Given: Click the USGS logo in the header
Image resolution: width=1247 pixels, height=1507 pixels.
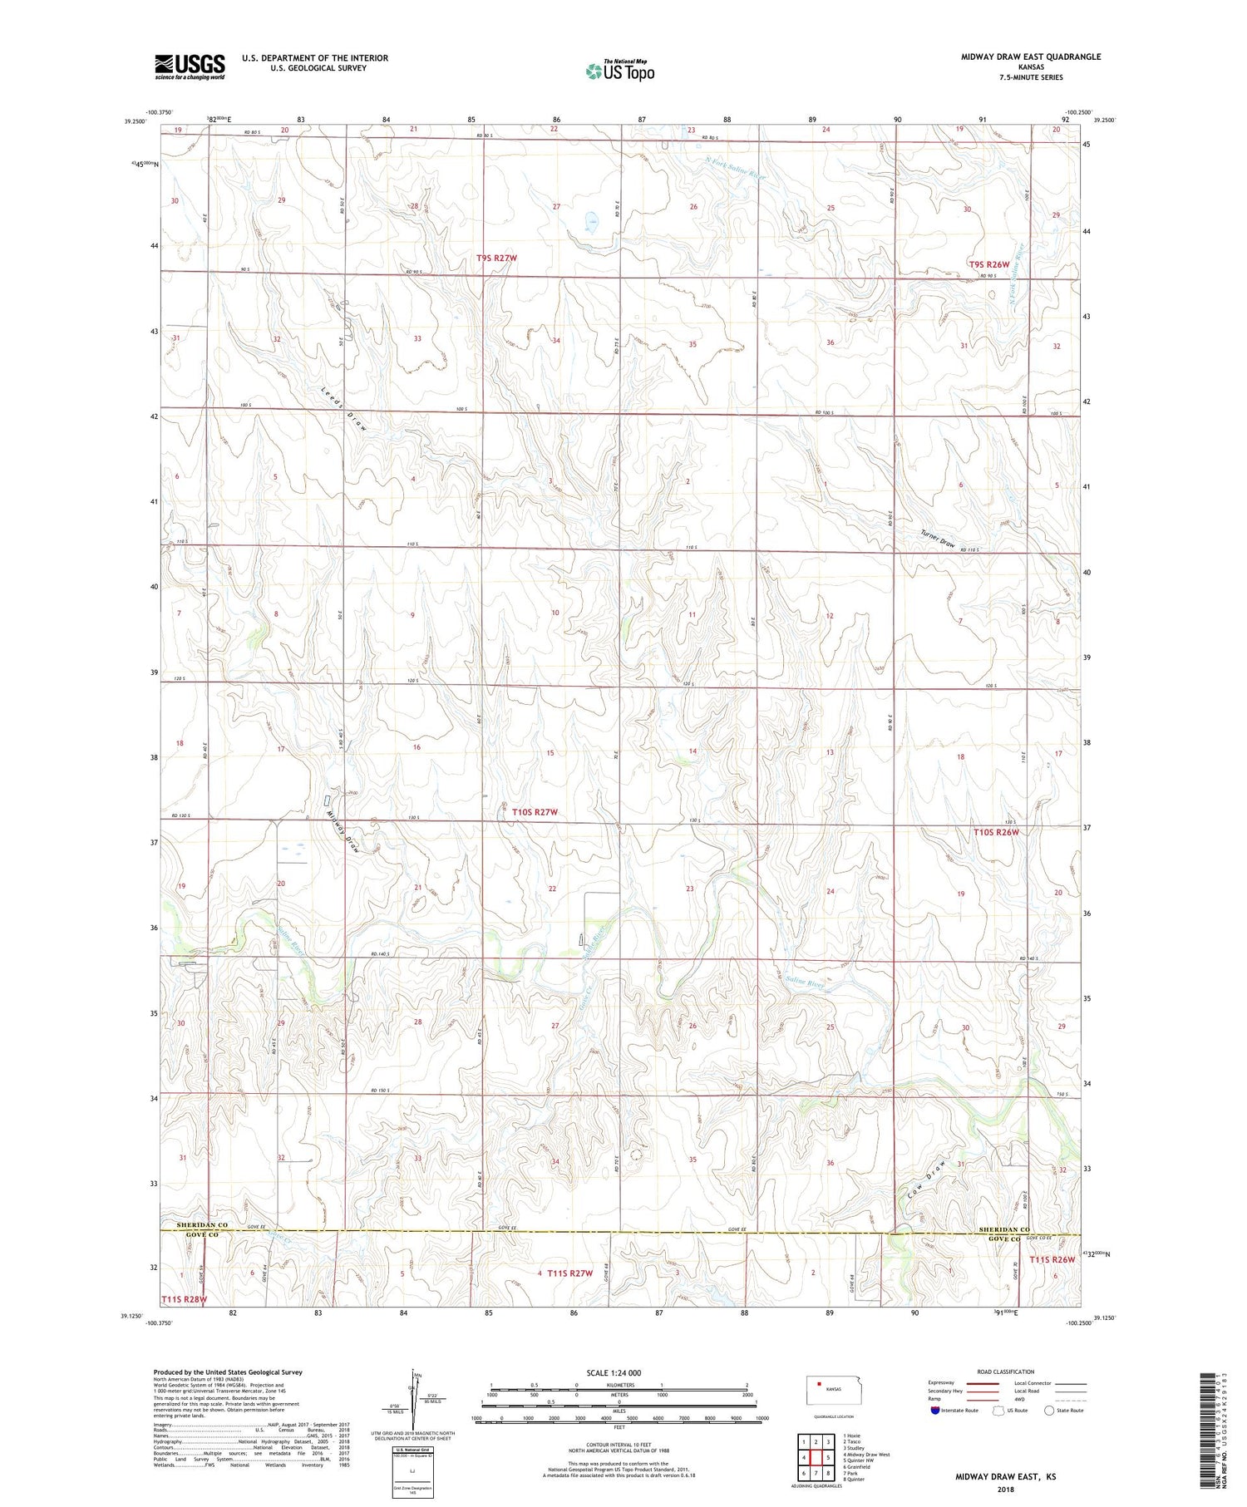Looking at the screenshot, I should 190,66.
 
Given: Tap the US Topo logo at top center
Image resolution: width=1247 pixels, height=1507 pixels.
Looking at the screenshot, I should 619,71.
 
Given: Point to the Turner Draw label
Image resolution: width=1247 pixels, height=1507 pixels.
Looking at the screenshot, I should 938,539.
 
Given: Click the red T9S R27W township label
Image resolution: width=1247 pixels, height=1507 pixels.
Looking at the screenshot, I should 497,259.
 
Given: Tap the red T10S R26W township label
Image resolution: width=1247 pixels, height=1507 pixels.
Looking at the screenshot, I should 996,832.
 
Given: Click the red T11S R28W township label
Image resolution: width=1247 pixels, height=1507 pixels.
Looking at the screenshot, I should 185,1298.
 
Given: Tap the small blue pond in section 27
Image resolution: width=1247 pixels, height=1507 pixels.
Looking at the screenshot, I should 590,221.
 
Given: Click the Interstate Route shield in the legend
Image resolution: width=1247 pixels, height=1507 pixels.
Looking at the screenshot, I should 935,1411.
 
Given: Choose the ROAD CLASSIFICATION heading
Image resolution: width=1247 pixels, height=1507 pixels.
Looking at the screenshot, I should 1006,1372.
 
